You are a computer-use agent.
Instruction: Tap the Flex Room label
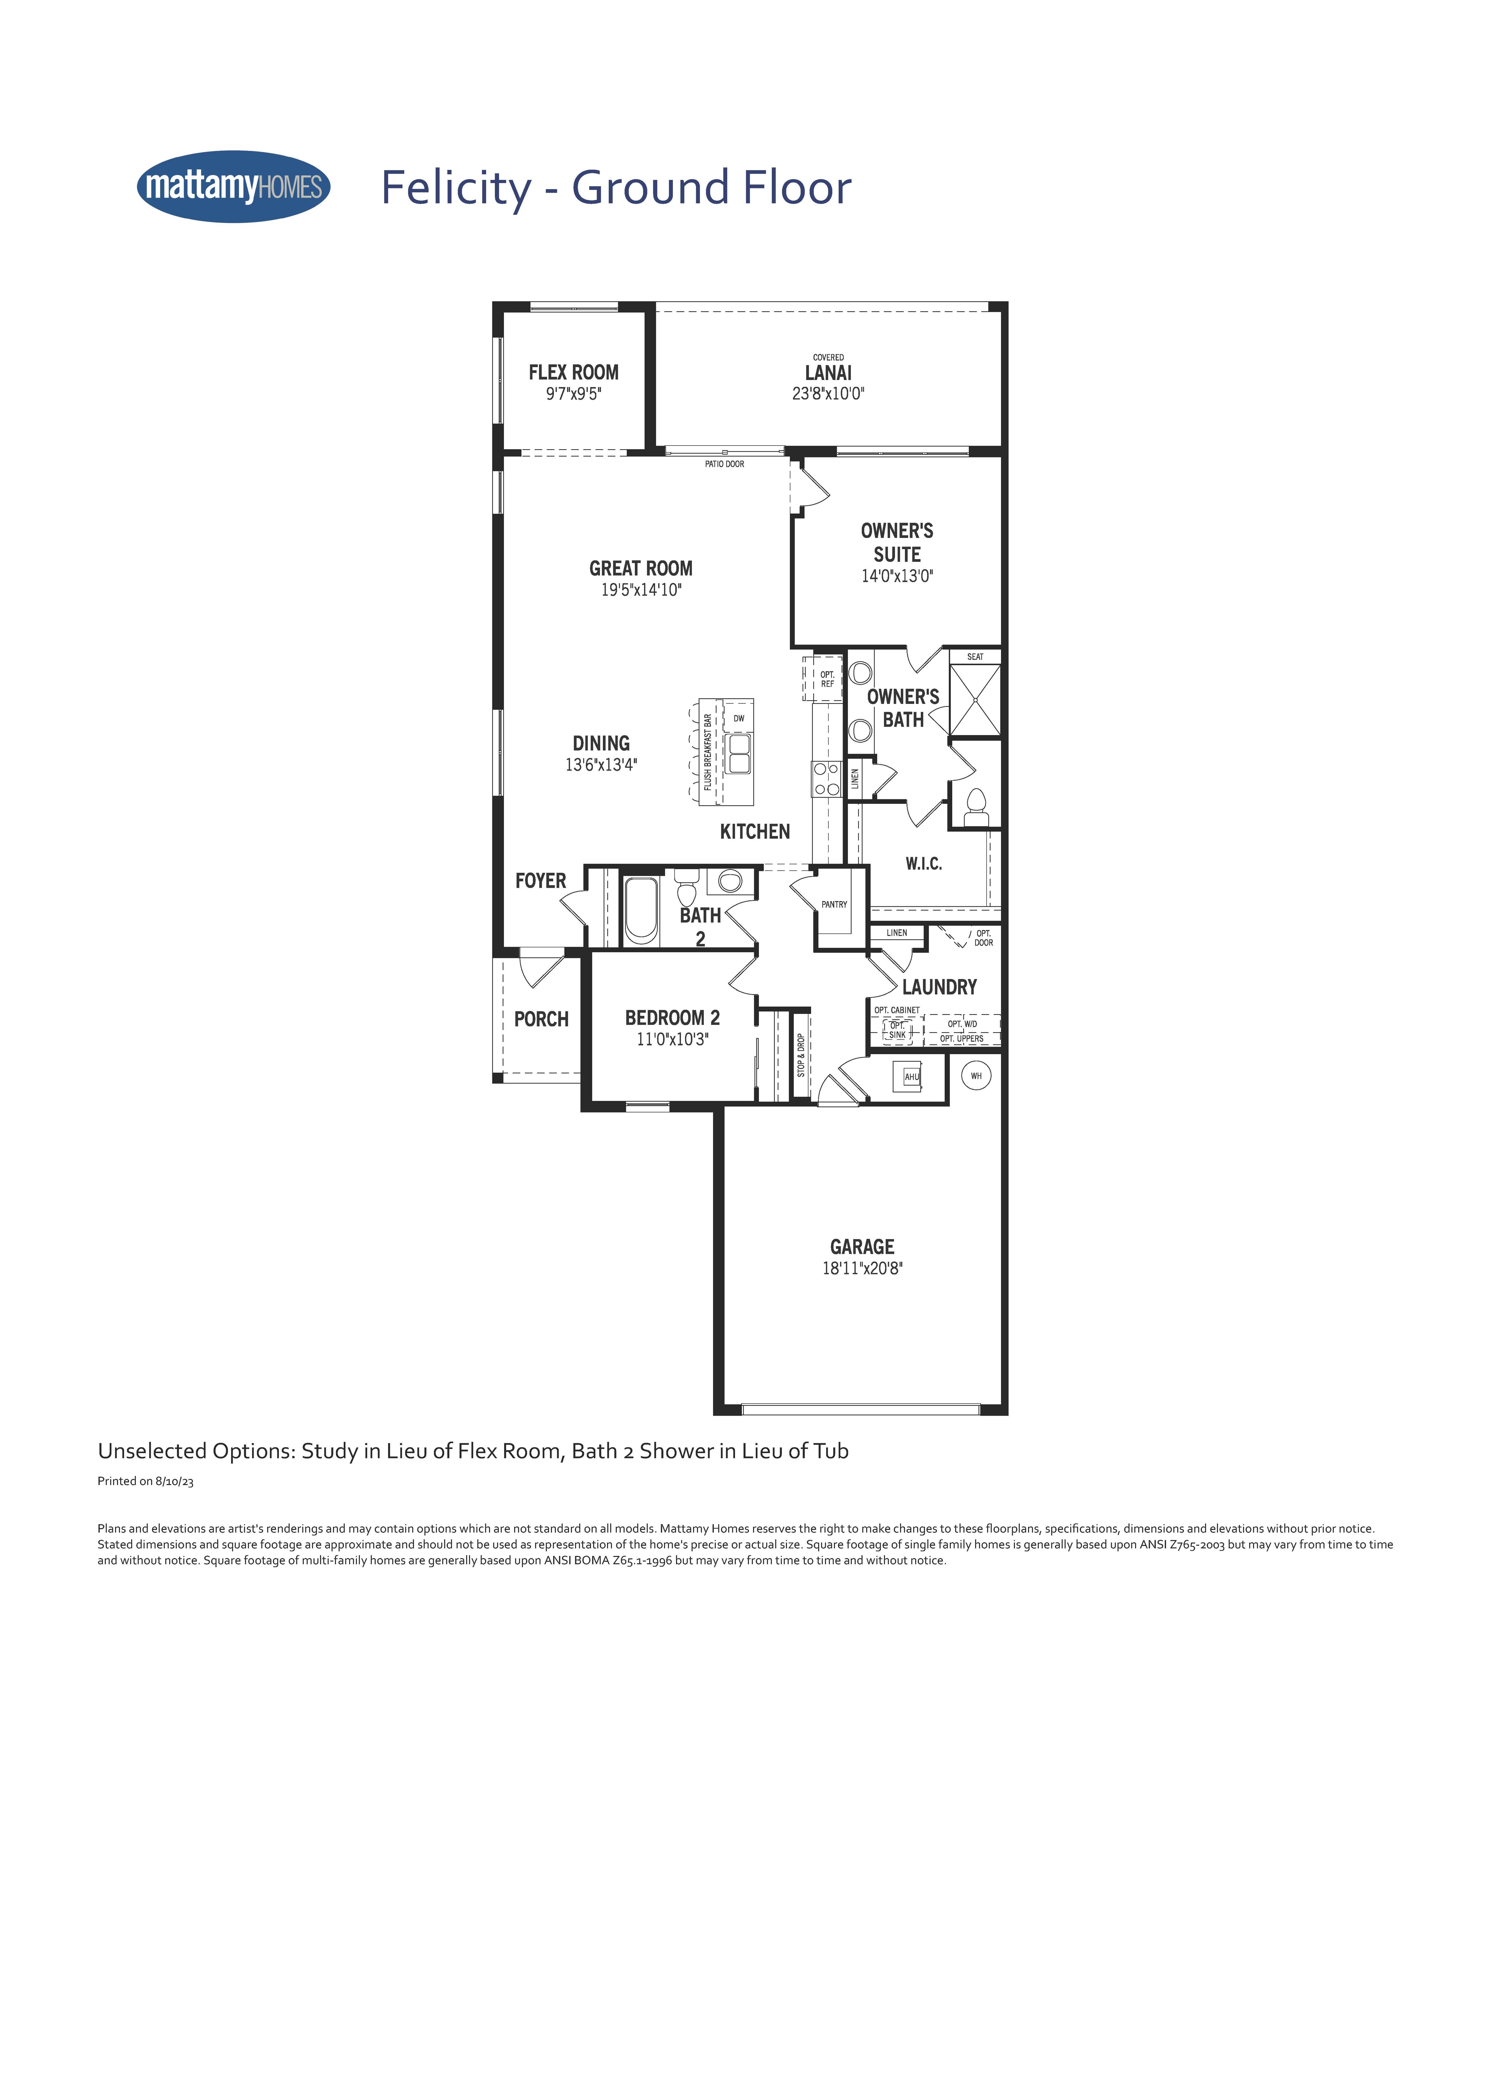coord(574,372)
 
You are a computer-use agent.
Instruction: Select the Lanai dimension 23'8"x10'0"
coord(828,393)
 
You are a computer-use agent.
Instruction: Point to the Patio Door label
coord(725,463)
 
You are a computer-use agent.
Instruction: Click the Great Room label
coord(640,568)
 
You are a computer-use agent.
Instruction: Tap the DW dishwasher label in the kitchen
coord(738,718)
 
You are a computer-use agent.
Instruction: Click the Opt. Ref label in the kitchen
coord(827,679)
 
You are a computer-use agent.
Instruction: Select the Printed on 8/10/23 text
coord(145,1481)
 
